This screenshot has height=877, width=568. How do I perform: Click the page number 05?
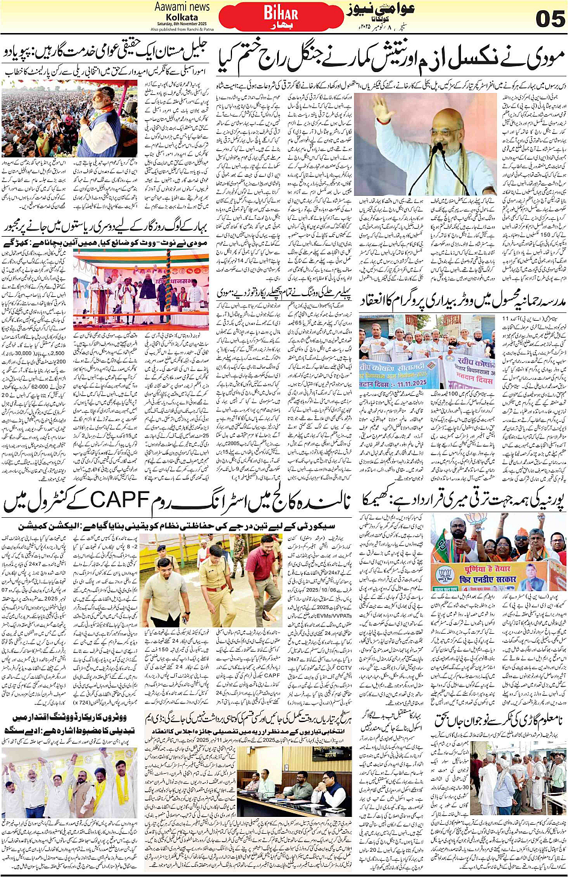click(549, 19)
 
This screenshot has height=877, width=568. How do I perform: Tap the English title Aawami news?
click(182, 7)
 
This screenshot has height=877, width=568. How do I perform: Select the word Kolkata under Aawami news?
click(182, 17)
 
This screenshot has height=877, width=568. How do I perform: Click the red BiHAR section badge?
click(281, 15)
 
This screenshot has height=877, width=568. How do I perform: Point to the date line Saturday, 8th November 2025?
click(182, 23)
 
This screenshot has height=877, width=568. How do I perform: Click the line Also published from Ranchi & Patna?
click(182, 29)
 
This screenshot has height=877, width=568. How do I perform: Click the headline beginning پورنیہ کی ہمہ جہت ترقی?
click(463, 500)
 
